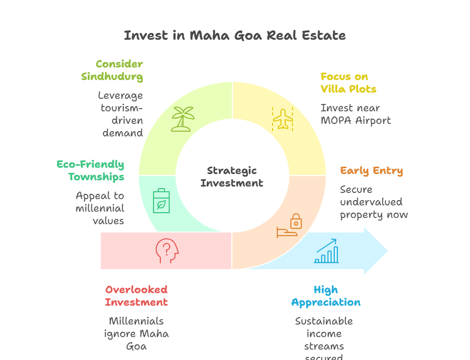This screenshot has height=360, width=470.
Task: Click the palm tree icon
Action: pyautogui.click(x=182, y=119)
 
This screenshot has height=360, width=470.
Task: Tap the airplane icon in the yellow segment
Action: pyautogui.click(x=283, y=119)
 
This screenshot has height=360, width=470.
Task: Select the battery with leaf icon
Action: pyautogui.click(x=161, y=201)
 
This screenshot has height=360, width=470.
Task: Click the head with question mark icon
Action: pyautogui.click(x=167, y=251)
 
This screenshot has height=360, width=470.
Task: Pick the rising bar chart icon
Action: pyautogui.click(x=326, y=251)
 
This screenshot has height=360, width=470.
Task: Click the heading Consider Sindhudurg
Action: pyautogui.click(x=112, y=70)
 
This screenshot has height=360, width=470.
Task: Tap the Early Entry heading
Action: pyautogui.click(x=371, y=171)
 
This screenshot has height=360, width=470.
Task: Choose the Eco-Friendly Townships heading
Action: pyautogui.click(x=90, y=170)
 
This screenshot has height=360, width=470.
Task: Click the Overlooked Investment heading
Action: pyautogui.click(x=136, y=296)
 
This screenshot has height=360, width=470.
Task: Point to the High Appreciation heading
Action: pyautogui.click(x=326, y=296)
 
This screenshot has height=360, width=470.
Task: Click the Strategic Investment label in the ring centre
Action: pyautogui.click(x=232, y=177)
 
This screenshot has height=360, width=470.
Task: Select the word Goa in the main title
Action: pyautogui.click(x=242, y=36)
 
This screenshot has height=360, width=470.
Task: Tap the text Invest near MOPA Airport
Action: pyautogui.click(x=356, y=114)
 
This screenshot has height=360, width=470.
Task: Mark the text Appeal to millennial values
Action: pyautogui.click(x=100, y=208)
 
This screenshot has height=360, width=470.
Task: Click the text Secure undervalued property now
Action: pyautogui.click(x=374, y=202)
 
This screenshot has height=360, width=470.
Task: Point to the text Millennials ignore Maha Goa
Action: pyautogui.click(x=136, y=333)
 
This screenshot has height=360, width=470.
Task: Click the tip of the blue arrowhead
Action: pyautogui.click(x=388, y=251)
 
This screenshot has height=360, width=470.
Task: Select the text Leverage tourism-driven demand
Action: pyautogui.click(x=121, y=114)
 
